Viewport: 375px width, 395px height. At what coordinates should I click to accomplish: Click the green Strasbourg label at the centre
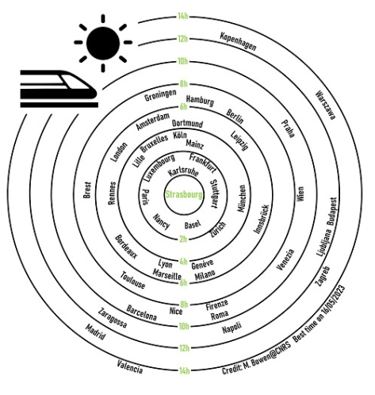(x=184, y=195)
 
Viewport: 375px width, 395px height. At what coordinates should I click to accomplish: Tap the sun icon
(x=103, y=43)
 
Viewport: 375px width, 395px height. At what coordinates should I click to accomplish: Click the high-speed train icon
(x=59, y=89)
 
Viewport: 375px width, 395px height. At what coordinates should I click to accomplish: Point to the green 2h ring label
(x=183, y=240)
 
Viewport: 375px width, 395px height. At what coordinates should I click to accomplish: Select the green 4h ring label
(x=183, y=262)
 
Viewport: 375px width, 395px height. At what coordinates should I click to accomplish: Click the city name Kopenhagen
(x=238, y=41)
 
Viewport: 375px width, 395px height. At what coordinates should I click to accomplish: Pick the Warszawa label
(x=326, y=105)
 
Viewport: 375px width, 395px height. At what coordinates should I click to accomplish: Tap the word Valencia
(x=130, y=367)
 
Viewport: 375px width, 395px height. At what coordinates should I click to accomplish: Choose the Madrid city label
(x=95, y=332)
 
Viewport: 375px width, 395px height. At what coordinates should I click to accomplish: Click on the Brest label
(x=87, y=190)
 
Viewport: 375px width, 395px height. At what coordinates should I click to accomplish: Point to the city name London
(x=119, y=152)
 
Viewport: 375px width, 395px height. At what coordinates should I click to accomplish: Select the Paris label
(x=145, y=197)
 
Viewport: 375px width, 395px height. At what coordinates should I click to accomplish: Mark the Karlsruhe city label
(x=183, y=172)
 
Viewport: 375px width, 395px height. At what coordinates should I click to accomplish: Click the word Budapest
(x=332, y=211)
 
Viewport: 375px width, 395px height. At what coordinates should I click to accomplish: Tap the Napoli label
(x=232, y=328)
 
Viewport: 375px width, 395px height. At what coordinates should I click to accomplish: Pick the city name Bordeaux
(x=126, y=247)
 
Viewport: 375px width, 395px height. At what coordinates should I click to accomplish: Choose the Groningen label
(x=160, y=95)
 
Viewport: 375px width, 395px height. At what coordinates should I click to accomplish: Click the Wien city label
(x=300, y=194)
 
